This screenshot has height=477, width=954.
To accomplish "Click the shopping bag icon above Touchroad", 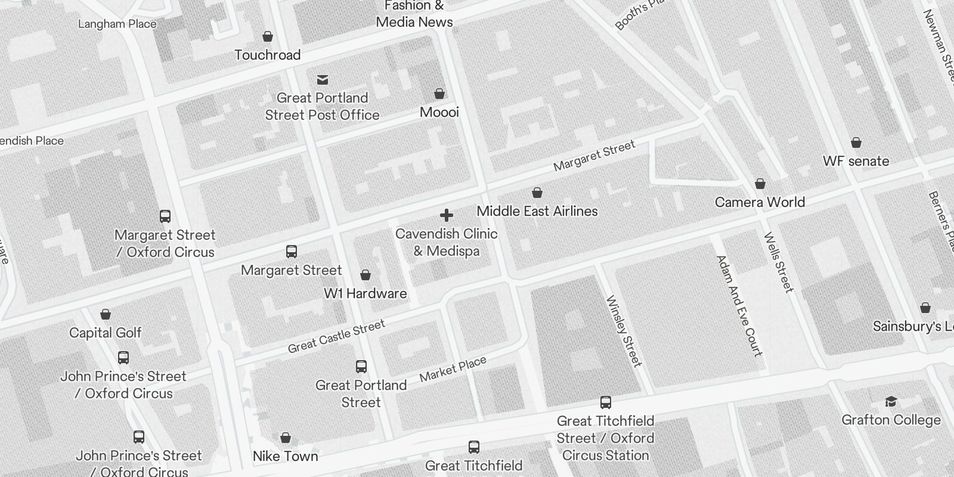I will click(x=268, y=37).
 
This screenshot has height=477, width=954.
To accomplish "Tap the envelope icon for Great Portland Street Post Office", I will click(x=323, y=80).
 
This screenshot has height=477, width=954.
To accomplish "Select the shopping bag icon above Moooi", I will click(x=439, y=94).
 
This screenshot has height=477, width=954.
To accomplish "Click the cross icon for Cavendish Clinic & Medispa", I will click(x=447, y=215).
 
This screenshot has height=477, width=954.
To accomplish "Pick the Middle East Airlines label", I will click(x=537, y=211).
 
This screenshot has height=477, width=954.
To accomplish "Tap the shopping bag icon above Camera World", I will click(x=760, y=184).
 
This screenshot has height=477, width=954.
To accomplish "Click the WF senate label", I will click(x=856, y=161).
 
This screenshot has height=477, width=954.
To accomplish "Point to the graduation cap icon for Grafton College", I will click(x=891, y=401).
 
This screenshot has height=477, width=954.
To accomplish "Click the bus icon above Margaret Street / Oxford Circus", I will click(x=165, y=216).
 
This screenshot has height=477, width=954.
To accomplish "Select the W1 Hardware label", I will click(x=366, y=293).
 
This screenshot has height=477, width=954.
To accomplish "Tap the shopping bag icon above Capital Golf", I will click(x=106, y=314).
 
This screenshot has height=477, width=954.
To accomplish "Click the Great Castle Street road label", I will click(x=336, y=336).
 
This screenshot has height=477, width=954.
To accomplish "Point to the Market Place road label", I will click(x=453, y=369).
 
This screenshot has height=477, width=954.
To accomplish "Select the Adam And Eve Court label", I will click(x=739, y=306).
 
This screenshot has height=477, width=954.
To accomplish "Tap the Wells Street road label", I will click(x=779, y=262).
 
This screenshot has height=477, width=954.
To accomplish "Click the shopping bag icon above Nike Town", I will click(x=286, y=438).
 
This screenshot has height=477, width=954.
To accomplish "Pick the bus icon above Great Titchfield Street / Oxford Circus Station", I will click(x=606, y=402).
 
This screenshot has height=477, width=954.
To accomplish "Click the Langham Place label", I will click(x=117, y=24).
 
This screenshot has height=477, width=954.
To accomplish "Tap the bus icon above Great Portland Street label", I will click(x=361, y=367).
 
